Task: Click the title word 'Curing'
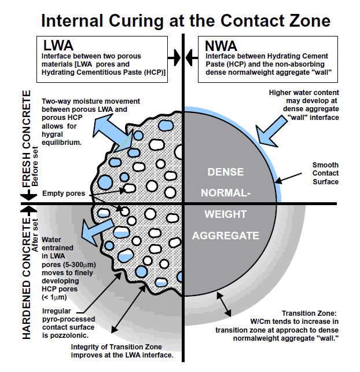[136, 21]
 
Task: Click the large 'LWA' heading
[58, 45]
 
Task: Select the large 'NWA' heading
[221, 46]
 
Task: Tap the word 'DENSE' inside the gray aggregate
[225, 172]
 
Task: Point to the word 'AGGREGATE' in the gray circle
[225, 236]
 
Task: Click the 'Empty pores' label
[64, 194]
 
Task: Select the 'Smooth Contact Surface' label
[325, 173]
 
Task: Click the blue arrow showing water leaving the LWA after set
[97, 231]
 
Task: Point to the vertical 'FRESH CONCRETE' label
[26, 139]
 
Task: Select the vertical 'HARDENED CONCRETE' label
[26, 278]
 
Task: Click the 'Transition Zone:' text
[309, 313]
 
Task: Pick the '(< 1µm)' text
[54, 297]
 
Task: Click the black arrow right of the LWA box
[174, 57]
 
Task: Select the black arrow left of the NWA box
[192, 57]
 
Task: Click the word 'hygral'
[52, 134]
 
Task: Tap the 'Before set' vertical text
[35, 166]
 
